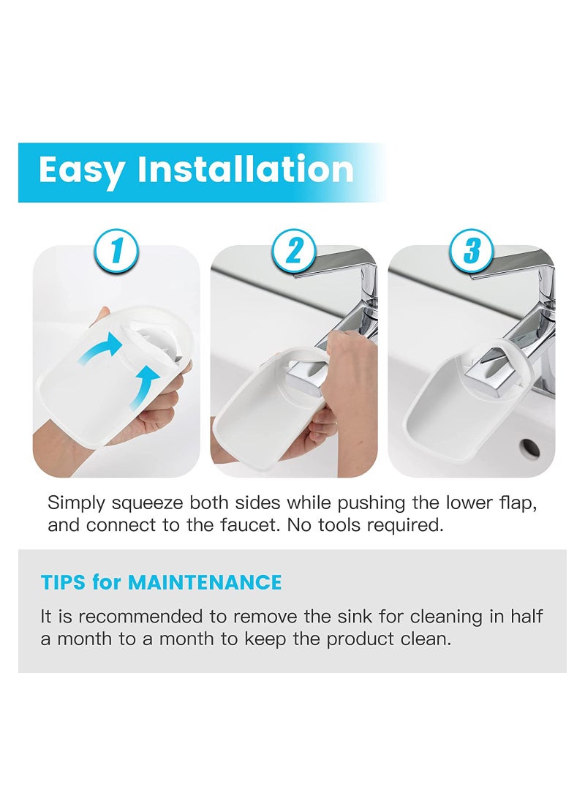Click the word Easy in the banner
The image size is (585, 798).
[x=81, y=171]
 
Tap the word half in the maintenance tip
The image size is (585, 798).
[x=527, y=616]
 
